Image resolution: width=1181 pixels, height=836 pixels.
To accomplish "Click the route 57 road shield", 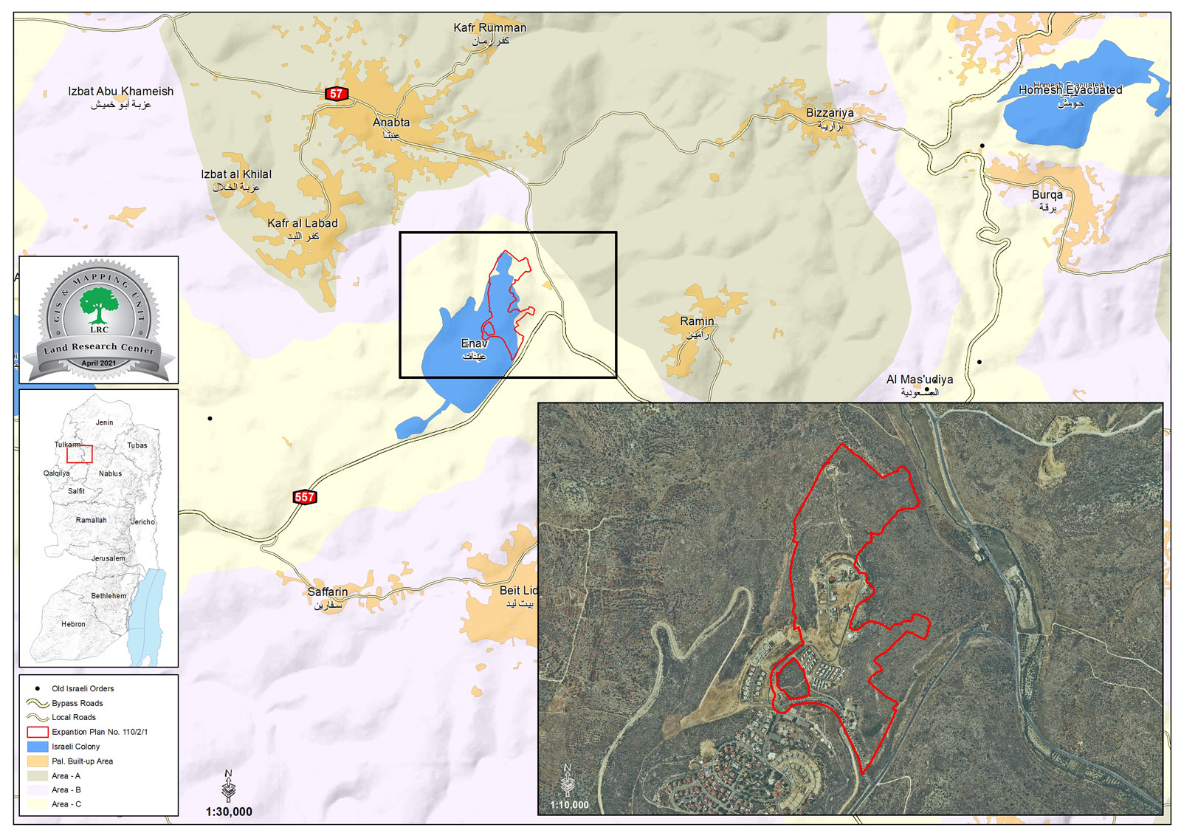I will click(x=337, y=94).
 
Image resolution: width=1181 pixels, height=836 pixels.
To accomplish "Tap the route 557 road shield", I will click(x=305, y=497).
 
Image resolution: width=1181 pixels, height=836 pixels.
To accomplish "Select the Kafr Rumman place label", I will click(x=489, y=28).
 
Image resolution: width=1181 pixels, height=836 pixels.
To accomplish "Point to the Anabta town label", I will click(x=391, y=123).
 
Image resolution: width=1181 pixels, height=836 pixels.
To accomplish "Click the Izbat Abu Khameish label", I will click(x=121, y=92).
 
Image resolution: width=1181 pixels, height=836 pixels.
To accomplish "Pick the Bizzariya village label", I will click(x=830, y=113).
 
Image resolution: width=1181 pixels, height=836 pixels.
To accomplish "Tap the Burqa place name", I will click(x=1047, y=195).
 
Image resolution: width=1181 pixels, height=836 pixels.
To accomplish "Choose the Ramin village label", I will click(x=697, y=321).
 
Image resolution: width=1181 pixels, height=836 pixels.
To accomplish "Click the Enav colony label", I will click(x=474, y=343).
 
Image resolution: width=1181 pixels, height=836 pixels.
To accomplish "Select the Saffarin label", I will click(x=328, y=592).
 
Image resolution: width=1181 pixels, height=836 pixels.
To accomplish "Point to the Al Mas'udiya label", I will click(x=920, y=380).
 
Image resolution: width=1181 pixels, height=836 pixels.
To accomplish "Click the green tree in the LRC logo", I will click(x=99, y=304).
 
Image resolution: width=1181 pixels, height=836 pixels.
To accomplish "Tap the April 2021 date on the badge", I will click(x=99, y=363).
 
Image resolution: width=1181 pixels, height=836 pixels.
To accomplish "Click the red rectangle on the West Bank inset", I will click(x=80, y=453).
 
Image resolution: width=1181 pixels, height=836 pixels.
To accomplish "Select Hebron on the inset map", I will click(x=73, y=624).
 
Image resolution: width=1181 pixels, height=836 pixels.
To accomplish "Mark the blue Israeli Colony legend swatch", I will click(x=38, y=747).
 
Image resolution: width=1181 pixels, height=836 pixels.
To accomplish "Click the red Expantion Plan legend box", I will click(x=38, y=732).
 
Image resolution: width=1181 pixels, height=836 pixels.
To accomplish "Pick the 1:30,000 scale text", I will click(x=229, y=812).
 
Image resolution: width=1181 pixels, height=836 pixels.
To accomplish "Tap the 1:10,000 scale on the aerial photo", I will click(x=569, y=805).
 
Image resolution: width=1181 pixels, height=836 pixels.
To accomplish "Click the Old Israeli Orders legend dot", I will click(x=38, y=688).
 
